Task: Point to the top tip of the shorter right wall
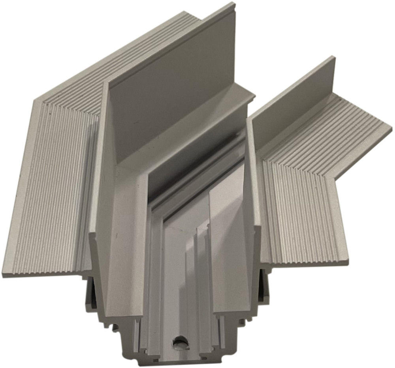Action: click(334, 58)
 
